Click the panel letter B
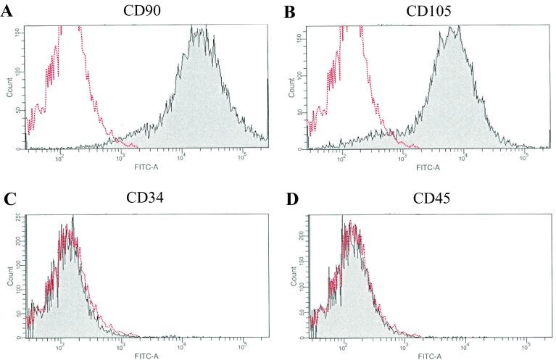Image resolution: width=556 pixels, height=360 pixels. (289, 13)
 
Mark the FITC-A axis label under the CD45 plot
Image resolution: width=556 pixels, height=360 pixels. (429, 356)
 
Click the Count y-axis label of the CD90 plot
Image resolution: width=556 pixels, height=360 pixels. (9, 87)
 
